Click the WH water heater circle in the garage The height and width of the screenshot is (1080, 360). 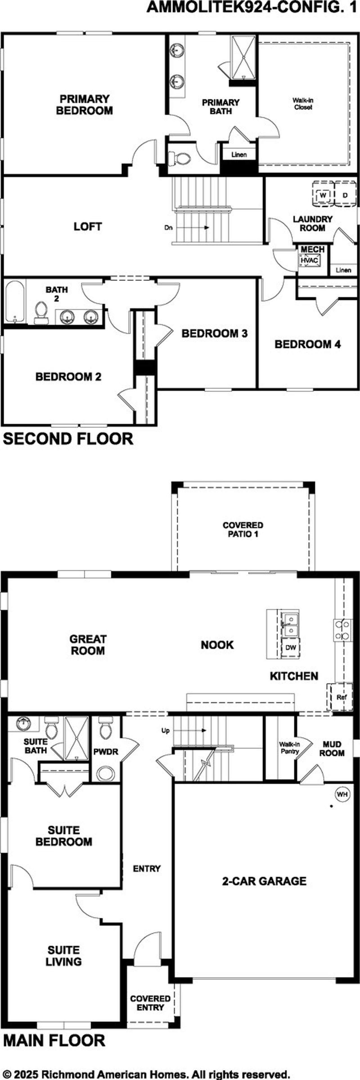342,794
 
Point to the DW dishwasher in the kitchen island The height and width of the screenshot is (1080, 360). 291,647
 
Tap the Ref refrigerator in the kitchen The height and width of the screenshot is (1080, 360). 341,697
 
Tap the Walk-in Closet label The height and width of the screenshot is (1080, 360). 303,103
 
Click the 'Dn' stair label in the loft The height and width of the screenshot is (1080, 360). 168,228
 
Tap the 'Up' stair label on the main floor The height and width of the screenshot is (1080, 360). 166,730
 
